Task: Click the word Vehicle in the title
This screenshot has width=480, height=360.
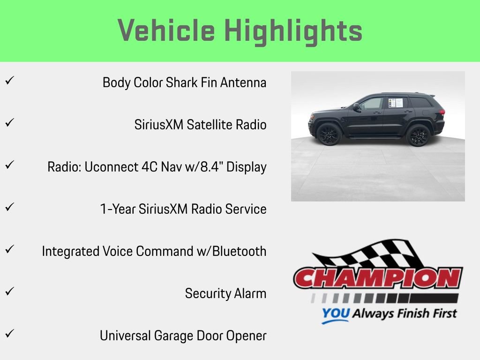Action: [166, 30]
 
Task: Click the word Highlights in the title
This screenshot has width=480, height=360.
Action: [293, 31]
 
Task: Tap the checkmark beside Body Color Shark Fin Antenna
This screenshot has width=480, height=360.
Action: [9, 81]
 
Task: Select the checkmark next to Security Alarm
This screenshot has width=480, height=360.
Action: [9, 292]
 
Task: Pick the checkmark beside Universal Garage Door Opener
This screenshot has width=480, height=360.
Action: [9, 334]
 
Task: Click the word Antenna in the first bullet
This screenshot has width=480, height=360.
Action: [243, 83]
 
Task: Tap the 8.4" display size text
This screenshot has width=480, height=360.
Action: [210, 167]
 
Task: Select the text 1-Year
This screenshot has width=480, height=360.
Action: [118, 209]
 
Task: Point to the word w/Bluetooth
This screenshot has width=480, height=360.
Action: [231, 251]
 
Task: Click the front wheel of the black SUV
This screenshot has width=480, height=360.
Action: [329, 135]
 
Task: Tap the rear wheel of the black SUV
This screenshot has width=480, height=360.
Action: [417, 135]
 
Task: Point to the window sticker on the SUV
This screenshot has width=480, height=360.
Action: [395, 103]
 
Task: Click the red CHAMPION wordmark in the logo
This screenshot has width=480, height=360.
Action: [378, 278]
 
